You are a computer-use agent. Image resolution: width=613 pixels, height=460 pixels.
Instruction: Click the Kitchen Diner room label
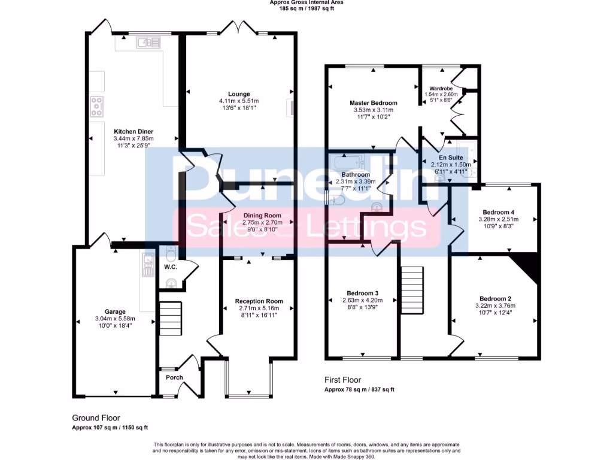coord(133,131)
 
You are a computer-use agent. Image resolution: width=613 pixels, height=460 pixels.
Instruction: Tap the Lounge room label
coord(238,94)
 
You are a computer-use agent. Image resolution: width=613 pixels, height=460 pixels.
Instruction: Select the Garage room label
coord(116,311)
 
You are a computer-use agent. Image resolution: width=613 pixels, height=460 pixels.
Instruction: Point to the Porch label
coord(174,377)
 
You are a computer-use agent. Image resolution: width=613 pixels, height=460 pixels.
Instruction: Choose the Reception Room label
coord(259,301)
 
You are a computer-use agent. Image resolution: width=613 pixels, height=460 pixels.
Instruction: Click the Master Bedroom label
coord(373,103)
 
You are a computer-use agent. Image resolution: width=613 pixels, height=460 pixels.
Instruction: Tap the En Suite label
coord(451,158)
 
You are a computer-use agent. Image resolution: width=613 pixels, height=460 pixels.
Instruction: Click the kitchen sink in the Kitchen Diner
coord(147,42)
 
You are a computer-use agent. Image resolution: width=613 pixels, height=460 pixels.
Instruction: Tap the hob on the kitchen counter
coord(96,106)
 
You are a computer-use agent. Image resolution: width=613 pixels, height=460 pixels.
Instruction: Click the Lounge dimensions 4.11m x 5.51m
coord(238,101)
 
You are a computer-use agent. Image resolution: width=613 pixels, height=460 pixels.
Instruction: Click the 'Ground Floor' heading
coord(96,418)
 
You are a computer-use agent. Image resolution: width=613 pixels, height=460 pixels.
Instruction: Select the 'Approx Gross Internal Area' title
coord(306,2)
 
